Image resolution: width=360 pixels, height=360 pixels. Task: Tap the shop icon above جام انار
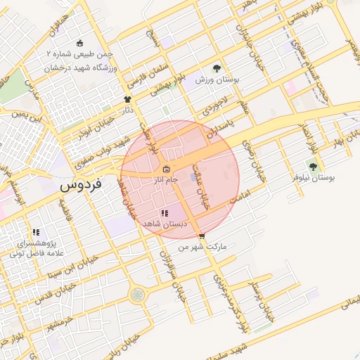point(166,169)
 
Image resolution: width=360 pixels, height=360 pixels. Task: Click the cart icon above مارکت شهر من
point(202,236)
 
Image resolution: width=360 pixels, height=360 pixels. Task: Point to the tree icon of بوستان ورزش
point(217,69)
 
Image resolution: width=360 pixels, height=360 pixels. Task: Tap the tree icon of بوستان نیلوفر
point(312,167)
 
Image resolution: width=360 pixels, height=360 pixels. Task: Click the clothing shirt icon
point(127,100)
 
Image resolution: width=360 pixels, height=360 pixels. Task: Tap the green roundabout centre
point(136,294)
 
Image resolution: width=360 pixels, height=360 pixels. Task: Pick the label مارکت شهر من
point(205,247)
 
